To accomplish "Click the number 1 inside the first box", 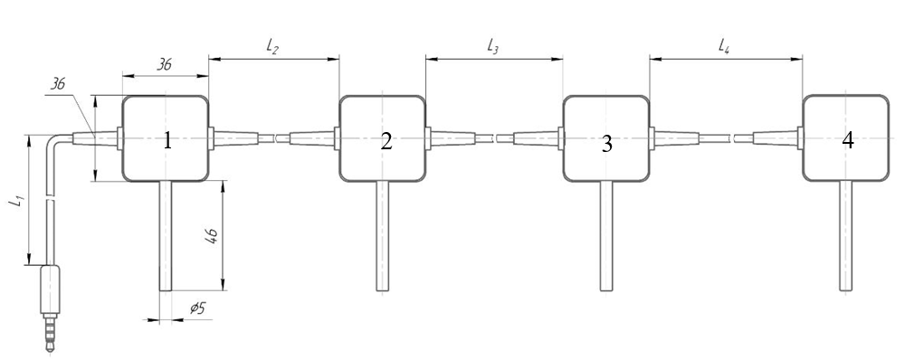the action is pos(167,141).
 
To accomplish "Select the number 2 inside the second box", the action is pos(386,141).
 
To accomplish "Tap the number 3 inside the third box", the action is pos(607,145).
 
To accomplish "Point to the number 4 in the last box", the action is pos(848,140).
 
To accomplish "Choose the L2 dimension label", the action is pos(271,47).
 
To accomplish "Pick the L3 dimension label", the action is pos(492,47).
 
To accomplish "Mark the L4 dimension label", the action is pos(724,47).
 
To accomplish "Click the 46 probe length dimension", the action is pos(211,235).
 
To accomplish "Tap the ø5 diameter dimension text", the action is pos(198,308).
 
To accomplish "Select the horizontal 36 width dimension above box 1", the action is pos(165,64).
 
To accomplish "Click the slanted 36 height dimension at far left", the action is pos(56,84).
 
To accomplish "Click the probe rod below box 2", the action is pos(383,236).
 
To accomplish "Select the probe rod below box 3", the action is pos(606,236).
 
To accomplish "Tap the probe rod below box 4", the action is pos(846,236).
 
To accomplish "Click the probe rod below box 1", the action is pos(166,236).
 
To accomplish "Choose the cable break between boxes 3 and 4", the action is pos(732,138).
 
